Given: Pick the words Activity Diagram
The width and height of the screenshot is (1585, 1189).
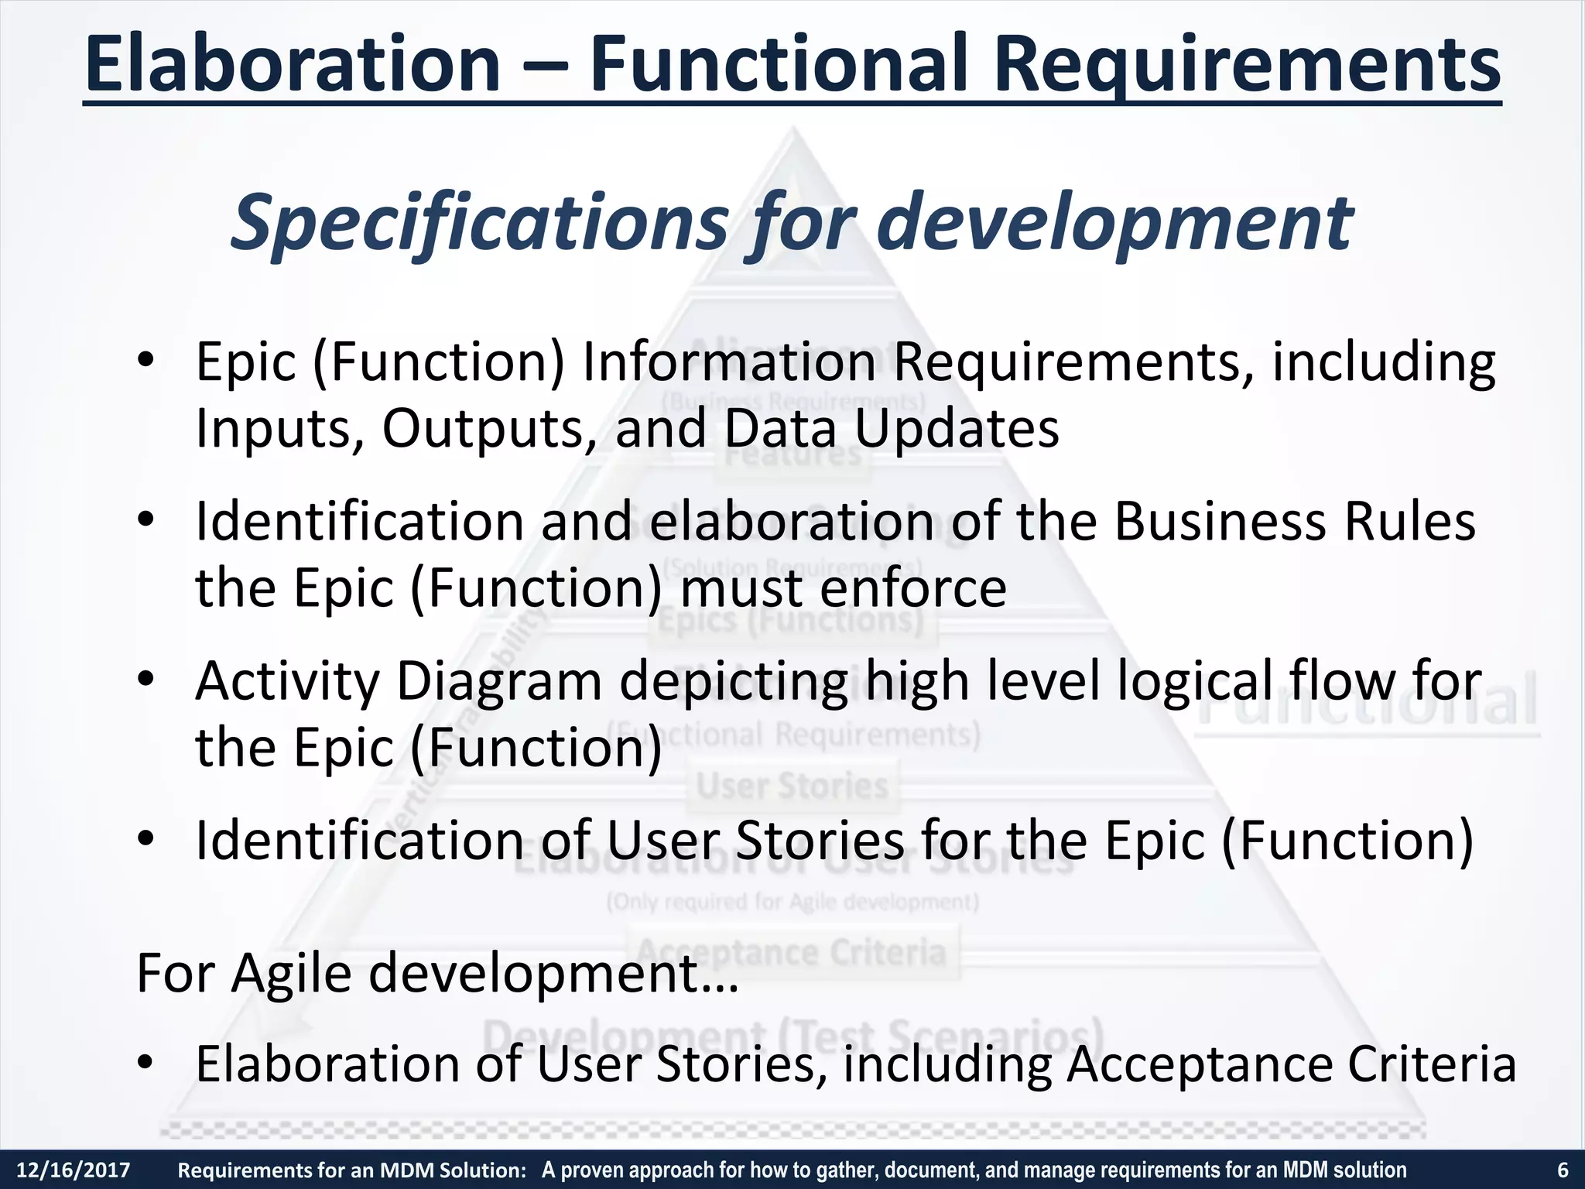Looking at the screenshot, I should click(398, 681).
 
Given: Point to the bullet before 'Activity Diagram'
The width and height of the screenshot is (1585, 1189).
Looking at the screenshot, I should click(147, 680).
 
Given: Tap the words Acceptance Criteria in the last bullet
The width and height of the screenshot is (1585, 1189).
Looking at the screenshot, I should click(1291, 1064).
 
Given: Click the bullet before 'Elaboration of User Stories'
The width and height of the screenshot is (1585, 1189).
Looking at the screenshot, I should click(147, 1063).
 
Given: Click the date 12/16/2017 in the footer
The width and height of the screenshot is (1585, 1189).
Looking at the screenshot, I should click(74, 1170).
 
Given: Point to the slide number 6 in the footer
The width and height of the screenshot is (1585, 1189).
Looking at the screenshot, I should click(1563, 1170).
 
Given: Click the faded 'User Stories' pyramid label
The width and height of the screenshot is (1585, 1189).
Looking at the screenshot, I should click(792, 786).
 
